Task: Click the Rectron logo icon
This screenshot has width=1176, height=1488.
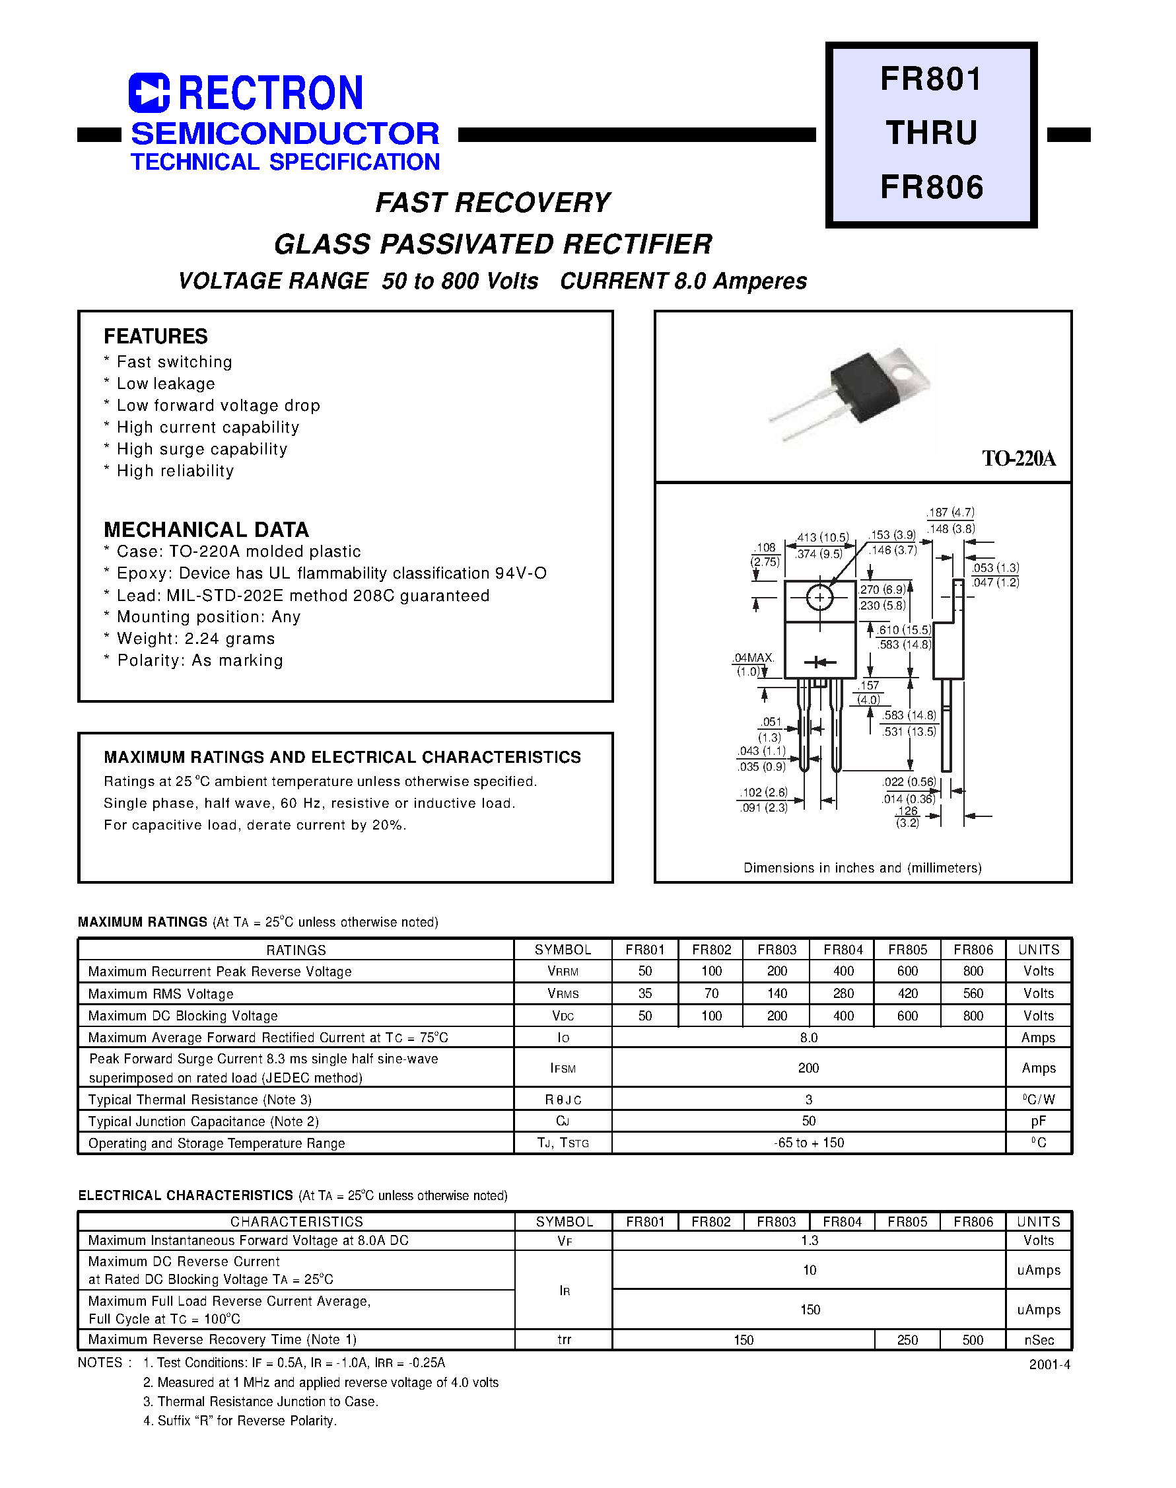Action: [149, 93]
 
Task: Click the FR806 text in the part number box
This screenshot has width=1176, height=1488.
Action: [932, 188]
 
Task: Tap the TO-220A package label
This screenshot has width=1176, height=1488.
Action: [1018, 458]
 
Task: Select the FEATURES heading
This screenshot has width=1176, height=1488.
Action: [156, 336]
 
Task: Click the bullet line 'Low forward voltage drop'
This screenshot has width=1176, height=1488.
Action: [218, 406]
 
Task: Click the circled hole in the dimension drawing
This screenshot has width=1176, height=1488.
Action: [819, 598]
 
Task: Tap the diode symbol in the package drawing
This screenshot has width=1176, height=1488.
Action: [819, 662]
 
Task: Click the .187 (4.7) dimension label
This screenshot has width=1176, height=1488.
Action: [951, 513]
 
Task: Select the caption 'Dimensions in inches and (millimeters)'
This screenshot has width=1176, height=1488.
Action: [862, 868]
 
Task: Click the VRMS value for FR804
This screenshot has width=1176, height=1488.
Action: [843, 993]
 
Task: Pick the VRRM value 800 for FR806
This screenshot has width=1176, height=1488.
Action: [973, 971]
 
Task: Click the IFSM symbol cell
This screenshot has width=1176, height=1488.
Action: [563, 1068]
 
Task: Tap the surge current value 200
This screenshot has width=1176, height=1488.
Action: [808, 1068]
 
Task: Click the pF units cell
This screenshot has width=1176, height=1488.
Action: [1038, 1121]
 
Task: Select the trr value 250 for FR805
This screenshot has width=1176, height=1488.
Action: [907, 1340]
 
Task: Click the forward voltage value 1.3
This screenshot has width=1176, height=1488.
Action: [809, 1240]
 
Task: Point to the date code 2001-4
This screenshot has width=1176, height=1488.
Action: [1049, 1364]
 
